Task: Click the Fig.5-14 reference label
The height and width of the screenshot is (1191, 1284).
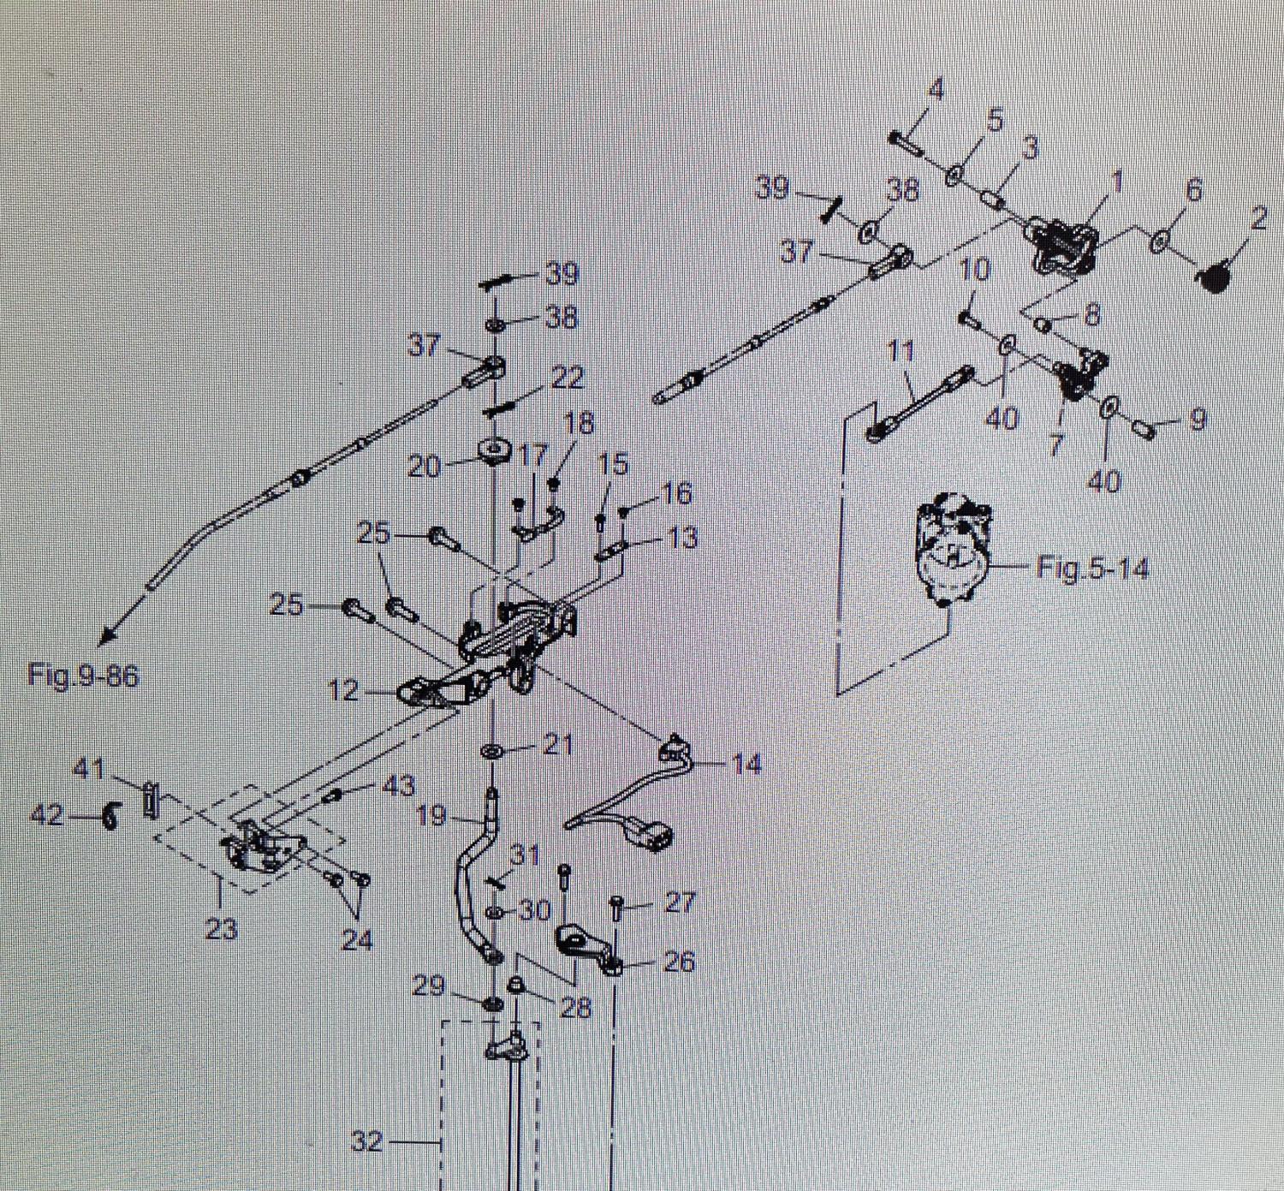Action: pyautogui.click(x=1091, y=568)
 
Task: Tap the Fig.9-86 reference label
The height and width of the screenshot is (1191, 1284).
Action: pyautogui.click(x=82, y=676)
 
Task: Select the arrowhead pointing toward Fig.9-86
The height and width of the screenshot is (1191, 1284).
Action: pyautogui.click(x=107, y=637)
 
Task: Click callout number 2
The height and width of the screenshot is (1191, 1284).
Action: pyautogui.click(x=1257, y=219)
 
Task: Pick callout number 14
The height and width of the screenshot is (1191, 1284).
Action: pyautogui.click(x=746, y=763)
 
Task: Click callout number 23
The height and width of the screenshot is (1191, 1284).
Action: pyautogui.click(x=221, y=929)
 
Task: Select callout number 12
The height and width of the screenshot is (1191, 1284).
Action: pyautogui.click(x=343, y=690)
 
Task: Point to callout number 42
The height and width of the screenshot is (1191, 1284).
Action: pyautogui.click(x=47, y=815)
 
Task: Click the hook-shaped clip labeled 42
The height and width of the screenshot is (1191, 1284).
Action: pyautogui.click(x=109, y=817)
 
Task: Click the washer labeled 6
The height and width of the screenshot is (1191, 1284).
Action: pyautogui.click(x=1158, y=241)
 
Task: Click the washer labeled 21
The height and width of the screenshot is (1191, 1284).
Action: pyautogui.click(x=493, y=751)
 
